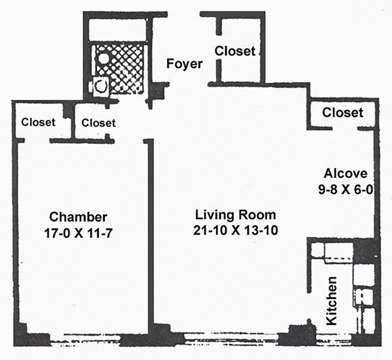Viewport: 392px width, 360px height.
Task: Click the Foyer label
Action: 184,64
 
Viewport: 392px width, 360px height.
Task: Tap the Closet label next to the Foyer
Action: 235,51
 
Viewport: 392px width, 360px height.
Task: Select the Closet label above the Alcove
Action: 343,112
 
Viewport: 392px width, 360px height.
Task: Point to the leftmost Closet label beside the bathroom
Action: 39,122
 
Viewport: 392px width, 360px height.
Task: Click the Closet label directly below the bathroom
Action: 98,123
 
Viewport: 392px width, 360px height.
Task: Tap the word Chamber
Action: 78,217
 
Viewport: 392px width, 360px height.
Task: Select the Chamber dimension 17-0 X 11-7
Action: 78,233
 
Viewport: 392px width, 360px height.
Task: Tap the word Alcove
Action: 346,173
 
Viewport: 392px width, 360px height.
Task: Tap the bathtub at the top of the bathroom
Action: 118,30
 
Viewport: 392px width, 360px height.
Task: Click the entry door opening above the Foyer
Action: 183,14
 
